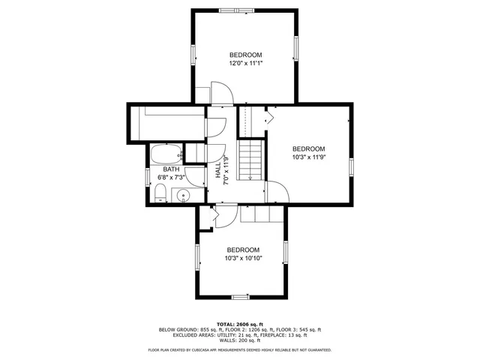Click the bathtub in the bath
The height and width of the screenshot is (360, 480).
click(x=165, y=154)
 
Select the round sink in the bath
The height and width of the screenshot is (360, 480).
click(x=184, y=196)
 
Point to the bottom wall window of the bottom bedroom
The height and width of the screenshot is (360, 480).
click(x=240, y=297)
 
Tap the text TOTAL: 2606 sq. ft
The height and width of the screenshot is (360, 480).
click(x=240, y=323)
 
